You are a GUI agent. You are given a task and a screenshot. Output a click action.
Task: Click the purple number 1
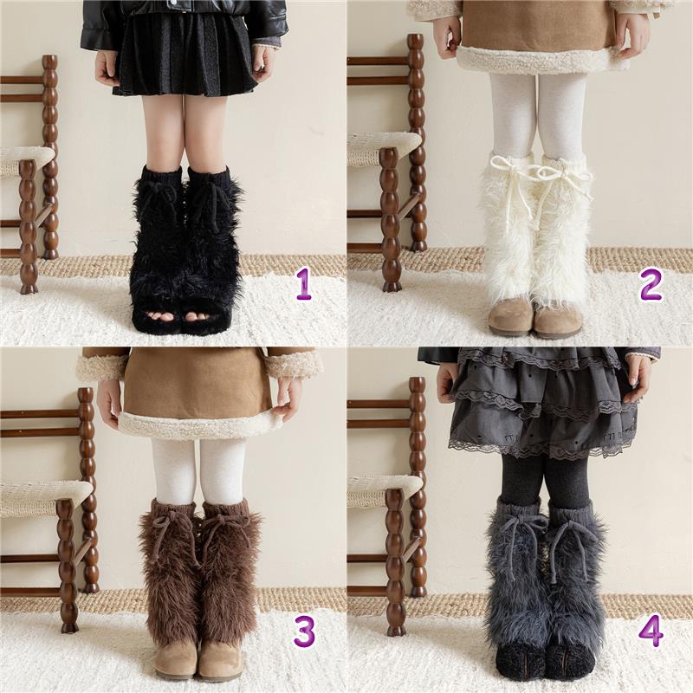pos(304,285)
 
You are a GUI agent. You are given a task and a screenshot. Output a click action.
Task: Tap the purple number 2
pos(651,285)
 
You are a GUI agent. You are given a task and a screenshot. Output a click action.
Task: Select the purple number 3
pos(305,632)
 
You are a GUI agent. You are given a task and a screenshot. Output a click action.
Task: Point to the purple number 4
pos(651,631)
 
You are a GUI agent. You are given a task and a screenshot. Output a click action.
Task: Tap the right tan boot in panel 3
pos(220,660)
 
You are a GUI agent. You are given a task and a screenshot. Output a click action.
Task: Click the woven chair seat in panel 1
pos(26,160)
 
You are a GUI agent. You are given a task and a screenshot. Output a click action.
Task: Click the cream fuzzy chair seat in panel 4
pos(384,489)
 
